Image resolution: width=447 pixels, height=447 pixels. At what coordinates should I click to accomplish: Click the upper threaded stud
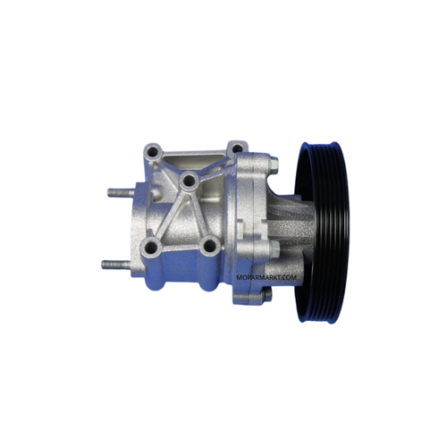(122, 192)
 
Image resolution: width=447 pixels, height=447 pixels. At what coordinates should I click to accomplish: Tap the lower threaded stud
(116, 264)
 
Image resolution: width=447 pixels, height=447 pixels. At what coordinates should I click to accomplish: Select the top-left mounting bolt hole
(154, 153)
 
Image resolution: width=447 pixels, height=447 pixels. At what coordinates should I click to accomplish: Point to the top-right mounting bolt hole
(237, 148)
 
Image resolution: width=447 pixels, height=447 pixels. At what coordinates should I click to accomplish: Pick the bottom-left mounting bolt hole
(151, 247)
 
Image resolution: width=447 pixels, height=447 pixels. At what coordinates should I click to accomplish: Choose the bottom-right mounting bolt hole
(210, 246)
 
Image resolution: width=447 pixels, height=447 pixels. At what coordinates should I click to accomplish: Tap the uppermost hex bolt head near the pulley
(274, 163)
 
